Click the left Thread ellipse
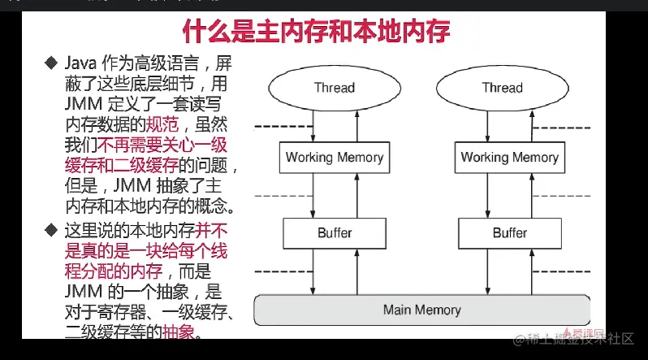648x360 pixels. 335,86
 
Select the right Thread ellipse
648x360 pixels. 502,86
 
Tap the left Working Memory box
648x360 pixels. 334,157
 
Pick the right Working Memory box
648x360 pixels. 509,157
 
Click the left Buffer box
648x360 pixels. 334,232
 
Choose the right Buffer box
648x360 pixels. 509,232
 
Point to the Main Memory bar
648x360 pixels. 421,310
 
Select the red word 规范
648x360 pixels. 161,125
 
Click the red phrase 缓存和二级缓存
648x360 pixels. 119,167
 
